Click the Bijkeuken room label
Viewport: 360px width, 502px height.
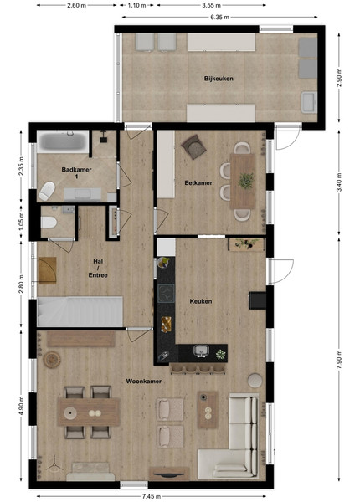219,79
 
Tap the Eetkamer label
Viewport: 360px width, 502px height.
198,182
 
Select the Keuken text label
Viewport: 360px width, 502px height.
200,301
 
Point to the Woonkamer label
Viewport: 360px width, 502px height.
143,381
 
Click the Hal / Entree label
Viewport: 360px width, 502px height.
98,268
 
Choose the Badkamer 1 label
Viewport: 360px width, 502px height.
76,173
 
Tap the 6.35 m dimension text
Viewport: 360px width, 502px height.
219,17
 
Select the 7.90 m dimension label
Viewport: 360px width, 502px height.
339,359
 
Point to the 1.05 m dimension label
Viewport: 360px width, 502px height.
21,220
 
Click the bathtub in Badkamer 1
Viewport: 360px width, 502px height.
63,141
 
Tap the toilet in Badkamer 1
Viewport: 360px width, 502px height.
47,191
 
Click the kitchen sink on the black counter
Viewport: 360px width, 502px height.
201,351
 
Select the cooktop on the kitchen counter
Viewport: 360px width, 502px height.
166,293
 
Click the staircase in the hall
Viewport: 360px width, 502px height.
80,311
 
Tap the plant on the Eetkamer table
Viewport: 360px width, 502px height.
246,181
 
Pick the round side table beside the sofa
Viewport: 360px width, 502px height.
255,381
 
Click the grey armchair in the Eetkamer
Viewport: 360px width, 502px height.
193,147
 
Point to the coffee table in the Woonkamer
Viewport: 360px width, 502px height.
208,410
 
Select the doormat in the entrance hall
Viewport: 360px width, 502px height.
47,270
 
